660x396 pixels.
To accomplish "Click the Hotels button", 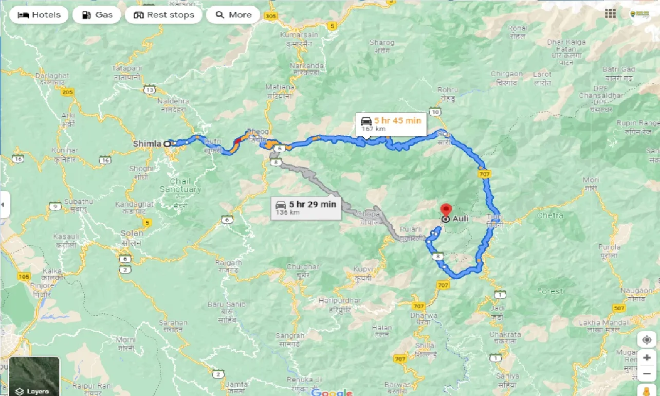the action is click(39, 15).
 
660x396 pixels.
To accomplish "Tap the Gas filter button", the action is click(97, 15).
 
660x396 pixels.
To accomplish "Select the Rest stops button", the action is click(163, 15).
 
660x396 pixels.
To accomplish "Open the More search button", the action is click(233, 15).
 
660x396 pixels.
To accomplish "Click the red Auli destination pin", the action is click(446, 211).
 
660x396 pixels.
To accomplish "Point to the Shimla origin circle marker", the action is click(167, 144).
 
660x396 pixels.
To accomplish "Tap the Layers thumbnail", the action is click(34, 376).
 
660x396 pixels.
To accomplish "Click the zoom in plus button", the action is click(646, 357).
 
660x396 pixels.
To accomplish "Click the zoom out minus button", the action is click(646, 374).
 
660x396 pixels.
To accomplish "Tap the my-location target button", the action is click(646, 340).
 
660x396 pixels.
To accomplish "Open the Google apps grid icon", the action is click(610, 14).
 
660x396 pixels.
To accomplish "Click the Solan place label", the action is click(132, 233).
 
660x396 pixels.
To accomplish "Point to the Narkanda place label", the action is click(307, 66).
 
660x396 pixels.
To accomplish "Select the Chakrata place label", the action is click(505, 334).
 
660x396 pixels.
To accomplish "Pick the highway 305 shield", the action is click(270, 16).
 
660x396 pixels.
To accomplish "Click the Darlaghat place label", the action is click(52, 76).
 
